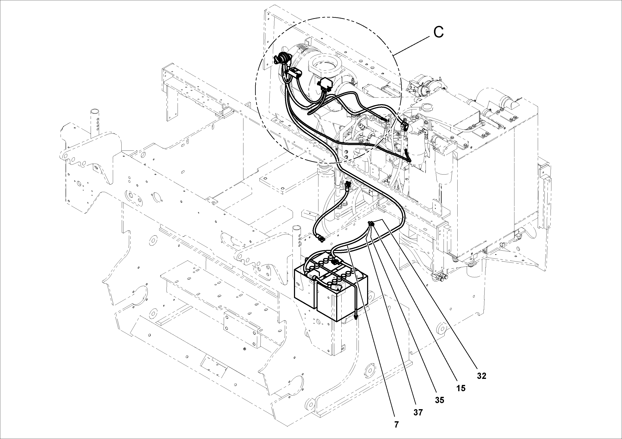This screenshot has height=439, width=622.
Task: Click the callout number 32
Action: click(x=482, y=376)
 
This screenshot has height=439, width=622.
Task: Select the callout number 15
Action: click(x=460, y=388)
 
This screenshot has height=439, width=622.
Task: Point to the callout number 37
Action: click(x=418, y=412)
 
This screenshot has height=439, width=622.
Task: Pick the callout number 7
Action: click(x=396, y=425)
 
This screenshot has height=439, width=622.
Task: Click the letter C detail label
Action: click(x=438, y=32)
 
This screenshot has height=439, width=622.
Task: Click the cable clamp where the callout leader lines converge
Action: click(x=371, y=223)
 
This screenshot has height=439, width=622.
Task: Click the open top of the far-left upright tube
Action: click(x=95, y=111)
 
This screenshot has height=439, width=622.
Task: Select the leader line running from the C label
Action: click(x=412, y=45)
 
